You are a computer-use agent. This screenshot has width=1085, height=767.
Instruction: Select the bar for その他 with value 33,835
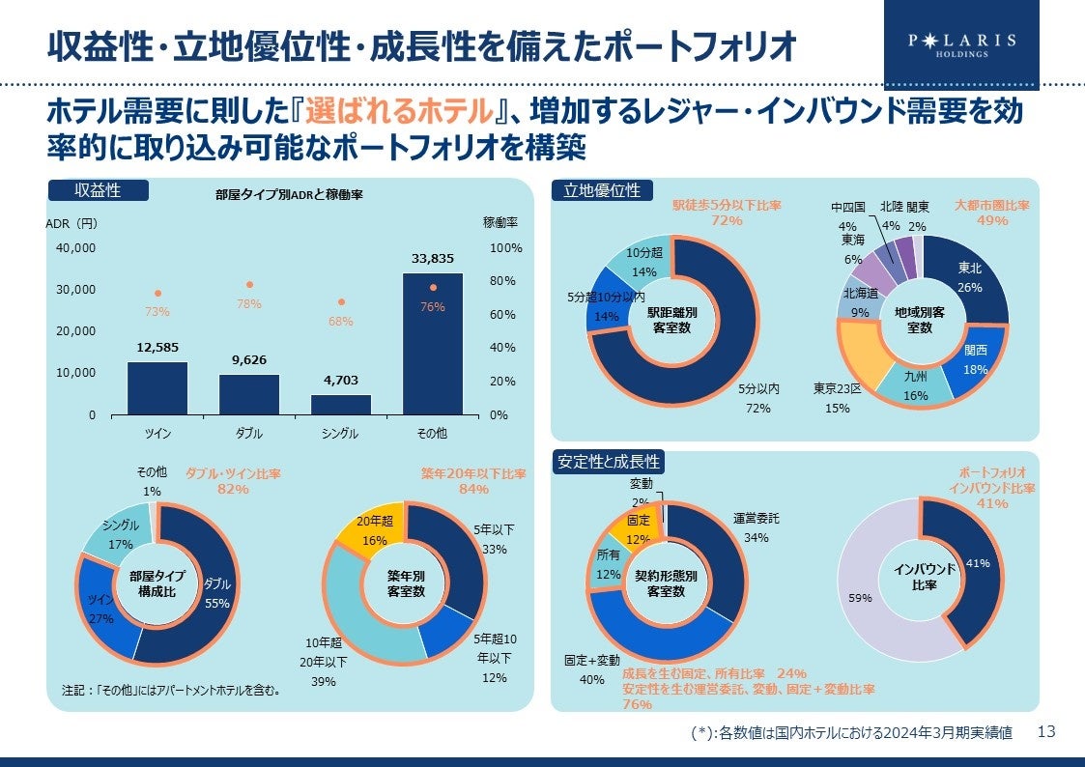[x=432, y=343]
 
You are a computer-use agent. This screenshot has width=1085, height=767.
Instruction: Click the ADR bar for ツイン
[x=157, y=387]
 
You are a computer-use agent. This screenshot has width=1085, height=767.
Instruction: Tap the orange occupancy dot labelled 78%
[x=249, y=285]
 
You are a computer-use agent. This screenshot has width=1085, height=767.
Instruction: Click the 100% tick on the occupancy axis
[x=505, y=248]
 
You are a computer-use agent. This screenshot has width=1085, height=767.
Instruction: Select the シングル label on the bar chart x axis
[x=341, y=434]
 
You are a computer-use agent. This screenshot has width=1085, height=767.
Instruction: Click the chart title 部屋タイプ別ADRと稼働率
[x=289, y=194]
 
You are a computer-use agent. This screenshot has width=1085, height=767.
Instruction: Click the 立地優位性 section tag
[x=602, y=190]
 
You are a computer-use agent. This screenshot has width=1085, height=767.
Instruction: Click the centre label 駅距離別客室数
[x=672, y=319]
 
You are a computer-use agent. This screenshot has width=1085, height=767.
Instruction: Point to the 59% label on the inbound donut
[x=860, y=599]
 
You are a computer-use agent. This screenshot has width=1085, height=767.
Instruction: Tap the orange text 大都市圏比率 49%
[x=992, y=213]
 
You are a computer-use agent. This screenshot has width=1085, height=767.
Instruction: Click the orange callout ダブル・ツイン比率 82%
[x=232, y=481]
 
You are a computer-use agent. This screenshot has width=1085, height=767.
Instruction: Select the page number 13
[x=1045, y=731]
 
